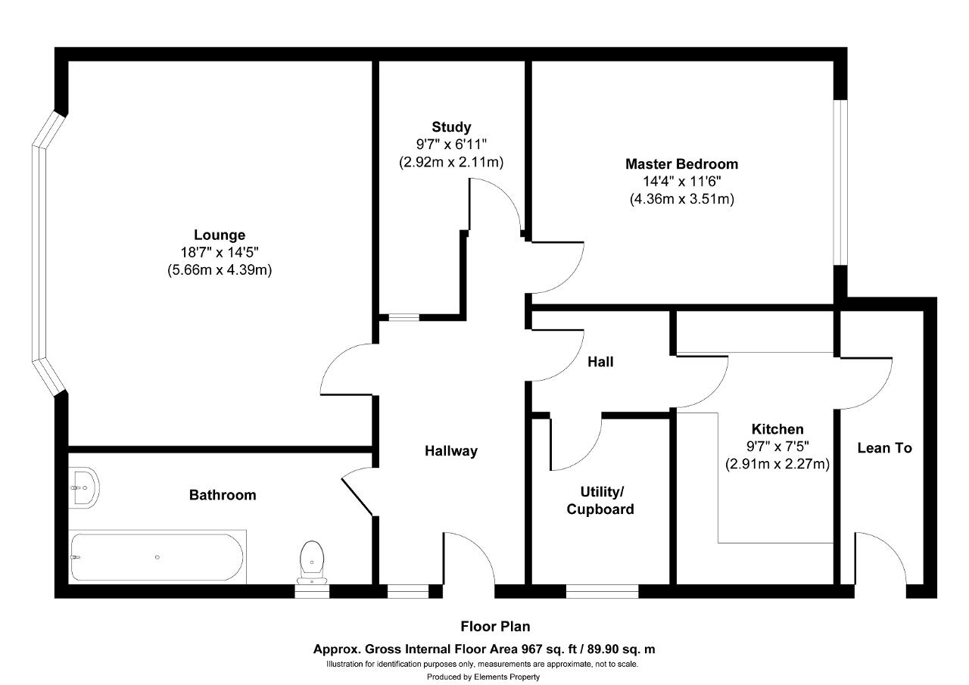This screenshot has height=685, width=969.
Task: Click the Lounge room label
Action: point(220,235)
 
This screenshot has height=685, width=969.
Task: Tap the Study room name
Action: point(451,127)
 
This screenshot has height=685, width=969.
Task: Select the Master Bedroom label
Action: point(682,164)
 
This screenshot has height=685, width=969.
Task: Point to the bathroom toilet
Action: point(312,562)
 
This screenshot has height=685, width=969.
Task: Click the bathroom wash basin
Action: point(84,487)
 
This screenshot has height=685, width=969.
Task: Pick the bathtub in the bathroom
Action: point(157,557)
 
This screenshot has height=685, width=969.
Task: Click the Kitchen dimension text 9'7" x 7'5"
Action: point(777,446)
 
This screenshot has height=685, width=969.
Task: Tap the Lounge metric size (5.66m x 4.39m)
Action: point(220,270)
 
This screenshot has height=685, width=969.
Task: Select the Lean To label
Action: point(885,448)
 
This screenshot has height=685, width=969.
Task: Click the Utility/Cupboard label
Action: point(600,500)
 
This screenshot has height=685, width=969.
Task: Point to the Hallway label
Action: point(451,451)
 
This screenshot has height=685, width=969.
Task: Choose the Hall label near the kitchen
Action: point(600,362)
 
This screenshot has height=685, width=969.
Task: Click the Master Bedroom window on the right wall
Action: point(840,182)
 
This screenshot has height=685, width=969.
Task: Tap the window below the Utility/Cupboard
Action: point(602,591)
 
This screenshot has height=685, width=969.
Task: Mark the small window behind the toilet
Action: point(312,591)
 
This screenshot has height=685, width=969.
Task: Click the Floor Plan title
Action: point(495,626)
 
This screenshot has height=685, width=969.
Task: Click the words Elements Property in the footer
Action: point(506,677)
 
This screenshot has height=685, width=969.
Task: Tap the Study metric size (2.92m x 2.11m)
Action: point(451,162)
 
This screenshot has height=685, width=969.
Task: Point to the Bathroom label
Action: point(223,495)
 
